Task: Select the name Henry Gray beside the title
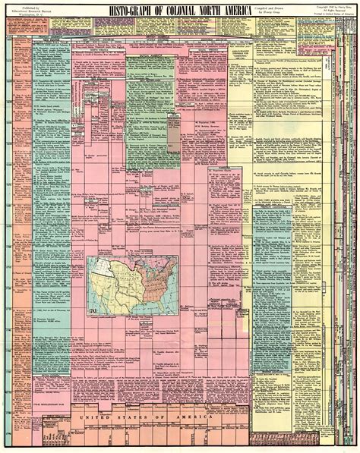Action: coord(280,11)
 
